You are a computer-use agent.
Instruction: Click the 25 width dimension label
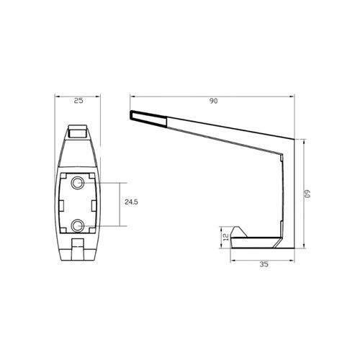tap(78, 101)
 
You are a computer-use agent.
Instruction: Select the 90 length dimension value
tap(213, 102)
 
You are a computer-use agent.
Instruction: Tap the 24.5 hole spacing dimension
tap(131, 203)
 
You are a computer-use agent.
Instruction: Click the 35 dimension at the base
tap(263, 265)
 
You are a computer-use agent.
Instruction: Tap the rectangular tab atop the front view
tap(78, 132)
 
